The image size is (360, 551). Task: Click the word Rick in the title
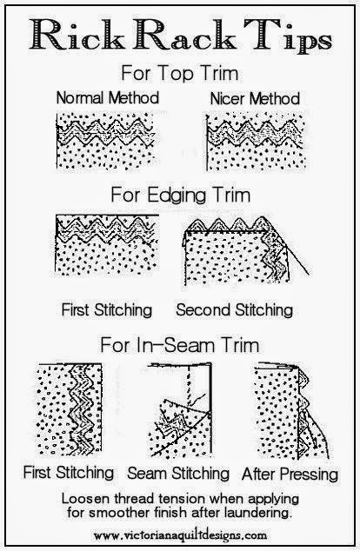click(x=77, y=35)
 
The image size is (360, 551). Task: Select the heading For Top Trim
click(x=180, y=73)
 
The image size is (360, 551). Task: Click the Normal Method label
click(x=108, y=97)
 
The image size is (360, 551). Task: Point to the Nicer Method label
click(x=255, y=98)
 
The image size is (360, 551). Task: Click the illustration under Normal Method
click(x=105, y=141)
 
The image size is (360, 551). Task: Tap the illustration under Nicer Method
click(x=256, y=142)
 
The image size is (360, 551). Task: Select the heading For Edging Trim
click(x=181, y=195)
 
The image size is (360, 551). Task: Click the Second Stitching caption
click(x=235, y=310)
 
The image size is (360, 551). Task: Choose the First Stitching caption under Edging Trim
click(x=107, y=310)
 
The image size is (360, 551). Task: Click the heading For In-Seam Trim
click(x=180, y=345)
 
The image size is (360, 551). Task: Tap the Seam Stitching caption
click(x=178, y=473)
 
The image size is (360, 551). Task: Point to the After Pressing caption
click(x=290, y=474)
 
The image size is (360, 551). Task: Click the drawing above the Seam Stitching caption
click(x=180, y=410)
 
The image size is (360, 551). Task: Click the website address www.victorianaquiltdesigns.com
click(x=180, y=535)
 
